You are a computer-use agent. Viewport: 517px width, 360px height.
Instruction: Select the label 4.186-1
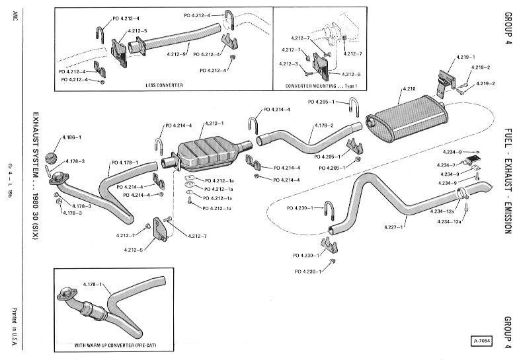(71, 137)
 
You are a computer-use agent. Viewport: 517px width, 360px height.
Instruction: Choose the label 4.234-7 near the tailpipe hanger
(446, 164)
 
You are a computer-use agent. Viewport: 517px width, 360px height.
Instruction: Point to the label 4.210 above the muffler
(409, 89)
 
